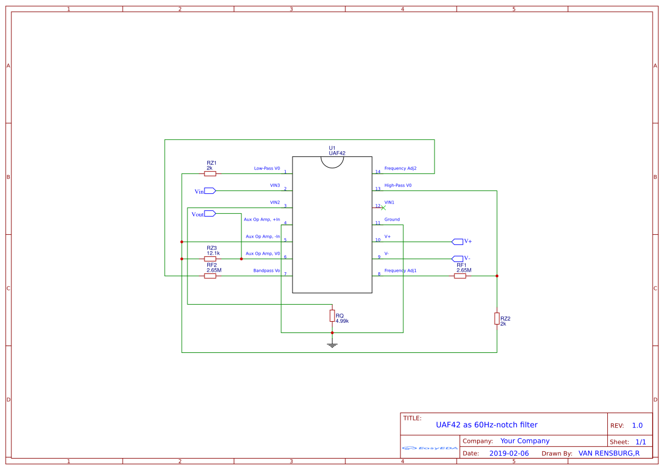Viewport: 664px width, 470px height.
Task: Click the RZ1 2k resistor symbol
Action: click(210, 174)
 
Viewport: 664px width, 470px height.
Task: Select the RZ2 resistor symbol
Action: click(497, 319)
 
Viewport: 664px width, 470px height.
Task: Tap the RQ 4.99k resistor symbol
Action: click(332, 315)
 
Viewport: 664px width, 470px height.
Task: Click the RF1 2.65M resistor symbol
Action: click(460, 276)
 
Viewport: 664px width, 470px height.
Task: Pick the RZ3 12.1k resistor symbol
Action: click(210, 259)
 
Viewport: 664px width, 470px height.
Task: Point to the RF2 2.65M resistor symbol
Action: click(210, 276)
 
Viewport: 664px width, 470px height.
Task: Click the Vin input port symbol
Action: click(210, 191)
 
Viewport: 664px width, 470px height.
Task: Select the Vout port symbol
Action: click(210, 214)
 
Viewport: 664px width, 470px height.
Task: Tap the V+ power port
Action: click(458, 242)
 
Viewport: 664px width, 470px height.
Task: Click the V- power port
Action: click(458, 259)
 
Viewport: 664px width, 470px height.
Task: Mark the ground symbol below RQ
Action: click(332, 344)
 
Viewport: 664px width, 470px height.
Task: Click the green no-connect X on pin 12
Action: click(383, 207)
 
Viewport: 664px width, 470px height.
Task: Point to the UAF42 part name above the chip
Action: click(337, 153)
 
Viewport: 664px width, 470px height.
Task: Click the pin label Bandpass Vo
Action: click(266, 271)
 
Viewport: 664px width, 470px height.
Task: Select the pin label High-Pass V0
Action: click(398, 185)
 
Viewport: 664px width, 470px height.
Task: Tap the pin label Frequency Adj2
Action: click(400, 168)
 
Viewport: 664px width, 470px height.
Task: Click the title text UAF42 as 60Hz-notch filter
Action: click(486, 425)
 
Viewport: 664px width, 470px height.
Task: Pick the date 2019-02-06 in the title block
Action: click(509, 454)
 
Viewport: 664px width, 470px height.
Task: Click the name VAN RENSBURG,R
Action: click(609, 454)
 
